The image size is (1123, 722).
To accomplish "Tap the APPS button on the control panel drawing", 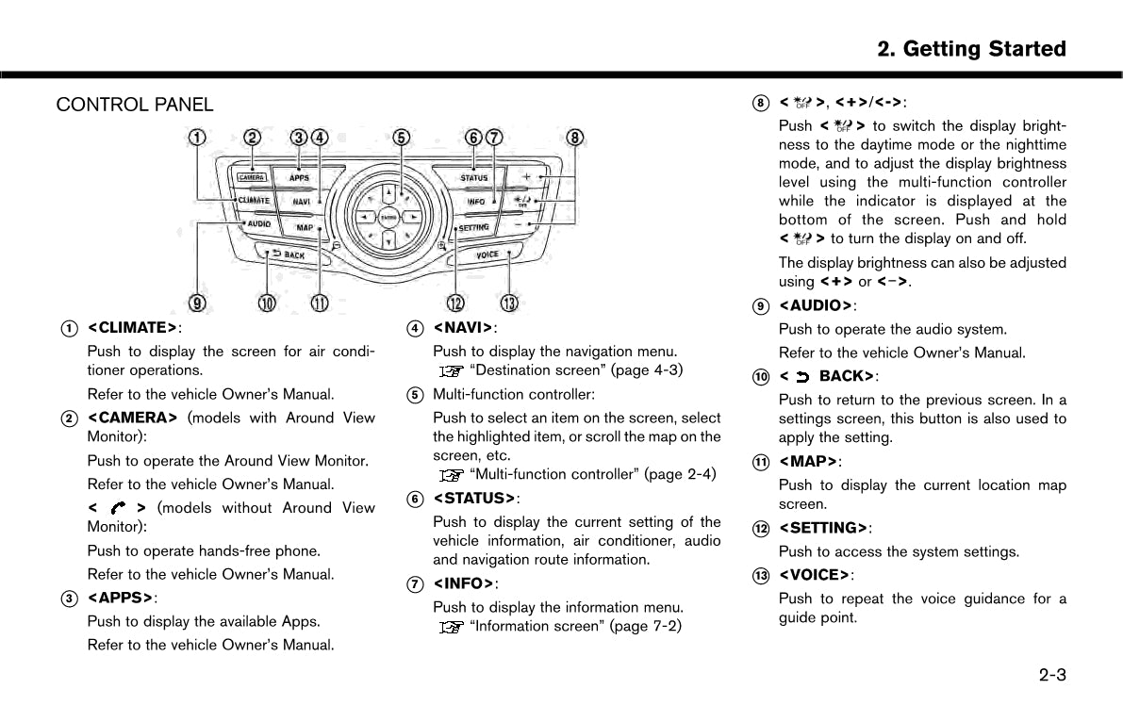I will point(300,177).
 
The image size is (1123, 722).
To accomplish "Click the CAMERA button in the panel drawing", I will point(251,176).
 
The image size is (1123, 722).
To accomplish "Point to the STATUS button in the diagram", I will point(474,177).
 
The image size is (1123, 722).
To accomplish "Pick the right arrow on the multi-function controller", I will point(411,218).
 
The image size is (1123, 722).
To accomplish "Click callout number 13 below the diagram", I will point(509,303).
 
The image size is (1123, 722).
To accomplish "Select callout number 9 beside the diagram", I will point(197,303).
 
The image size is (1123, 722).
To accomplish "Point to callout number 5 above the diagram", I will point(402,138).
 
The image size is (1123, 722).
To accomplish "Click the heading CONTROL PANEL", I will point(135,105).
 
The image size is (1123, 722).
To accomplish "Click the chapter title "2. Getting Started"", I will point(971,49).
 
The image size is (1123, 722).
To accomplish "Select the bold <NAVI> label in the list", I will point(464,328).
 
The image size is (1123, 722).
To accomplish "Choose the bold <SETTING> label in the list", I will point(823,528).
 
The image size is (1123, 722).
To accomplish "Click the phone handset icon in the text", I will point(118,508).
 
